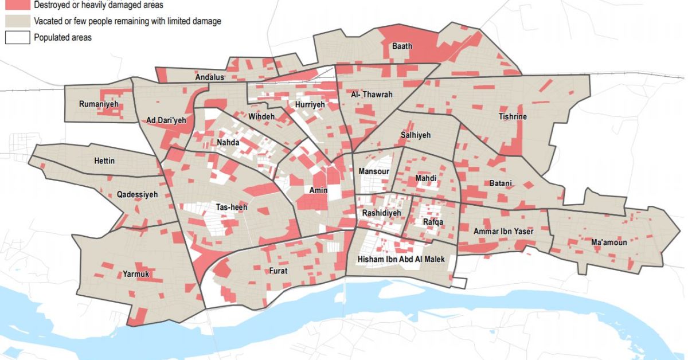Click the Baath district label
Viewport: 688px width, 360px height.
(401, 46)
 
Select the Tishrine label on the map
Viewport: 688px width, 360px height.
(513, 117)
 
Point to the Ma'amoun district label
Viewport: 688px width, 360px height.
(608, 242)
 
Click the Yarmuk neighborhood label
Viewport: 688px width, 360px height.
(136, 275)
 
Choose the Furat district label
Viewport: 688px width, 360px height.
(278, 271)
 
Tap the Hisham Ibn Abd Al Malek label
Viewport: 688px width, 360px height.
(401, 260)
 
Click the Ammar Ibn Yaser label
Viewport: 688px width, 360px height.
(503, 232)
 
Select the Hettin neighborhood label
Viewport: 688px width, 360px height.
(104, 161)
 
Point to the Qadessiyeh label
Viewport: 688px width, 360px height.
(137, 195)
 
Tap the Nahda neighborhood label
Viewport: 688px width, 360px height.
(228, 142)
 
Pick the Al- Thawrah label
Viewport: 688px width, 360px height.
(372, 95)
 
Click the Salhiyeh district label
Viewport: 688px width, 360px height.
(415, 135)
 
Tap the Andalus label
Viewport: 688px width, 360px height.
(209, 77)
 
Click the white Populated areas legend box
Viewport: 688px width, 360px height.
(17, 38)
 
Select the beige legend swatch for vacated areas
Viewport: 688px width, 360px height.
(17, 21)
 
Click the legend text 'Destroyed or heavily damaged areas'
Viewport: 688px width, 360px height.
(98, 5)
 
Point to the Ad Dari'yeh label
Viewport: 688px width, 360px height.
(166, 120)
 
